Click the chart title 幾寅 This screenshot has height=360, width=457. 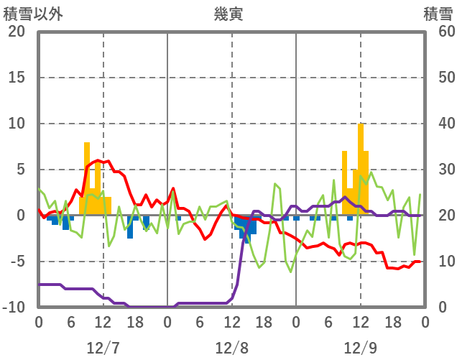[228, 14]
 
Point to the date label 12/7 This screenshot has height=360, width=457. [103, 348]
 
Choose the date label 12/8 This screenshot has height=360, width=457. [231, 348]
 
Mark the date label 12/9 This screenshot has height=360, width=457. [360, 348]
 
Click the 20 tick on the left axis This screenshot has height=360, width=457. [17, 32]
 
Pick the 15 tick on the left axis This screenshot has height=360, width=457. [17, 78]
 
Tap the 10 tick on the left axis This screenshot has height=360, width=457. [17, 124]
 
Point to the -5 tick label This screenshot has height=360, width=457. [18, 262]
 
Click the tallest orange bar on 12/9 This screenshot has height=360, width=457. [361, 170]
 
